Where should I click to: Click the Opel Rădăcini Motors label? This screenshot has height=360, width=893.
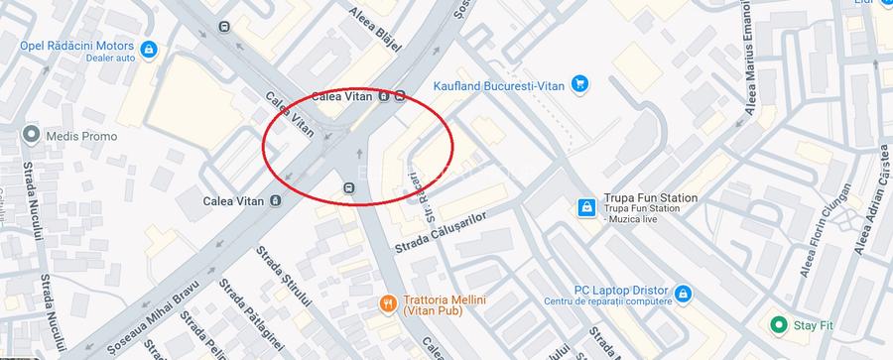coord(76,45)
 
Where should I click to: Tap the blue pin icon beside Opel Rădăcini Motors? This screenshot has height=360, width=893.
coord(148,49)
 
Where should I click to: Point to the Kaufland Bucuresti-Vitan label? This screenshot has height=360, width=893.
coord(499,86)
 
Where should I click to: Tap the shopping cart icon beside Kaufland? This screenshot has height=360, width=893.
coord(580,85)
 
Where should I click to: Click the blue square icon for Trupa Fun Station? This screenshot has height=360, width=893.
coord(586,206)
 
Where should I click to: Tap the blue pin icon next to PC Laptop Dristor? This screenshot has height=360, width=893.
coord(683,294)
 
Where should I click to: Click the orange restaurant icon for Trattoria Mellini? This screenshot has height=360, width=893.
coord(387,303)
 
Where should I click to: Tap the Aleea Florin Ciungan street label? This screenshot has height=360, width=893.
coord(827,219)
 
